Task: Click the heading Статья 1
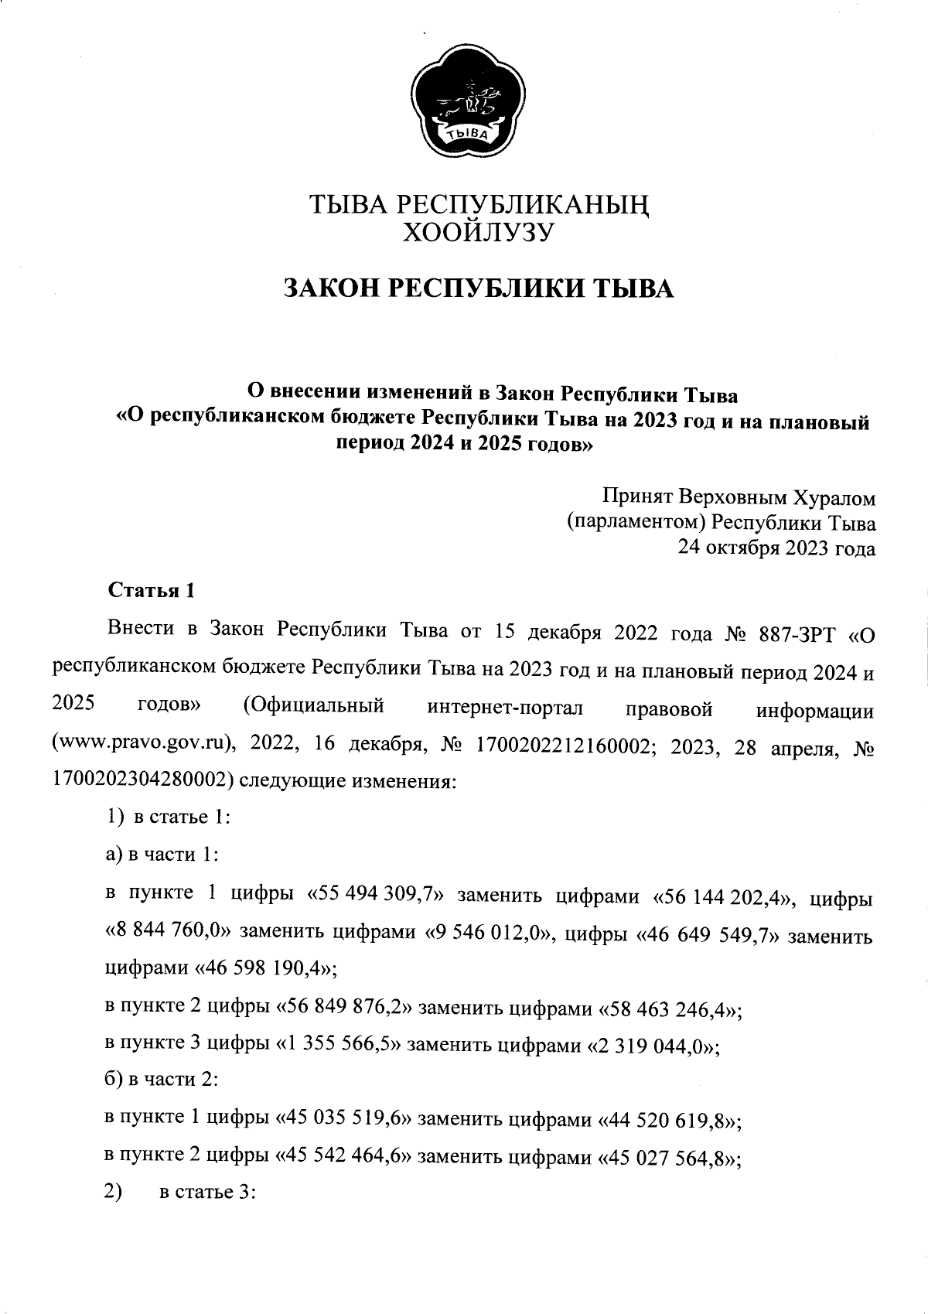(150, 591)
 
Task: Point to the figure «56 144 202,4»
(726, 897)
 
